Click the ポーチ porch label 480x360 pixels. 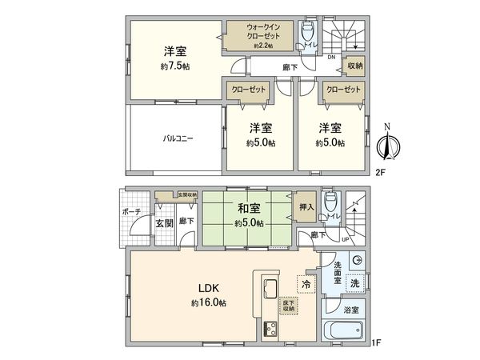click(x=134, y=210)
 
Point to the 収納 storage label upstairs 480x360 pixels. click(x=354, y=66)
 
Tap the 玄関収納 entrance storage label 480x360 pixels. click(x=186, y=194)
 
